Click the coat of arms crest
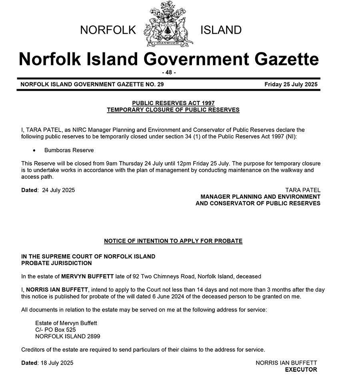(168, 24)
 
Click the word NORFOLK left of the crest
(108, 30)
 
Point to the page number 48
(168, 72)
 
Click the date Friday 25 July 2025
(291, 84)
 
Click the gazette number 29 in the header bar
(159, 84)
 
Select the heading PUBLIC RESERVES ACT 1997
(173, 103)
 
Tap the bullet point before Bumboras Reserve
(34, 151)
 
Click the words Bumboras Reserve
(69, 150)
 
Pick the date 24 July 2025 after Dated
(58, 190)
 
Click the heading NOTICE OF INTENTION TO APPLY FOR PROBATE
(173, 241)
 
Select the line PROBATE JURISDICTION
(56, 263)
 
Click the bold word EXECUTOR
(301, 369)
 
